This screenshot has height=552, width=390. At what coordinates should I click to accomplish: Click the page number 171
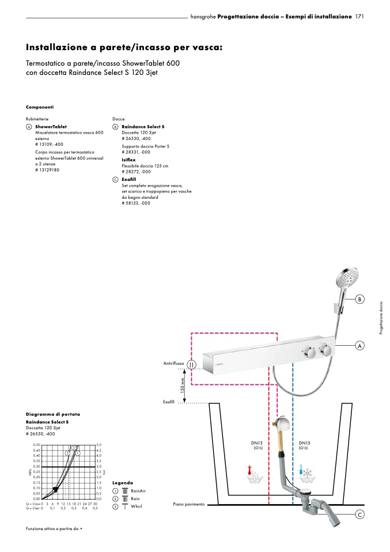point(361,17)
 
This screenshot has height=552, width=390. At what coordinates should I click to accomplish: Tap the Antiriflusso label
point(173,364)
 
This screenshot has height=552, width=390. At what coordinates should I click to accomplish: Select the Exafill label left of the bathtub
point(169,402)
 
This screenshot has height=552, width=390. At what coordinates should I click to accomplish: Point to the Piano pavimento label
point(188,504)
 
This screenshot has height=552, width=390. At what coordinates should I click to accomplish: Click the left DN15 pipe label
point(258,443)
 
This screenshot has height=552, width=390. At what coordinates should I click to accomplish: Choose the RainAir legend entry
point(138,490)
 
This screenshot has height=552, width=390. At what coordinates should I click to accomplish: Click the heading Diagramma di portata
point(53,414)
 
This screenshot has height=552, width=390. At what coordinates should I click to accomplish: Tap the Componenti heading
point(40,107)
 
